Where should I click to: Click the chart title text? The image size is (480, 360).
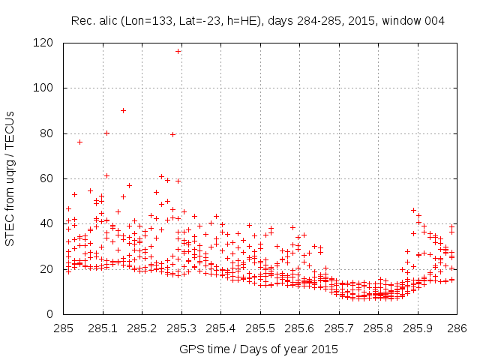coord(258,21)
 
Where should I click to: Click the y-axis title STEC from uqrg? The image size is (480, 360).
coord(10,178)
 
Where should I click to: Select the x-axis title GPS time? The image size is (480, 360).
coord(258,349)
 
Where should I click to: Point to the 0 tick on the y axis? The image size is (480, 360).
coord(55,313)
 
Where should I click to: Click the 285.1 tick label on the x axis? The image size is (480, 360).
coord(103,328)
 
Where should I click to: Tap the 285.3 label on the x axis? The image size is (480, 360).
coord(181,328)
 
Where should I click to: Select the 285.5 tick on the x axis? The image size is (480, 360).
coord(260,328)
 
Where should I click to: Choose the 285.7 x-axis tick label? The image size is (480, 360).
coord(339,328)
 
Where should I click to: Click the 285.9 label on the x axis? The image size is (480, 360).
coord(418,328)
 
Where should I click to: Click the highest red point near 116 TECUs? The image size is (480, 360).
coord(178,51)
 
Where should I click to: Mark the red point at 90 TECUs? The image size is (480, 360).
coord(123,111)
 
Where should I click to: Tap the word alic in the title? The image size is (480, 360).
coord(106,21)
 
